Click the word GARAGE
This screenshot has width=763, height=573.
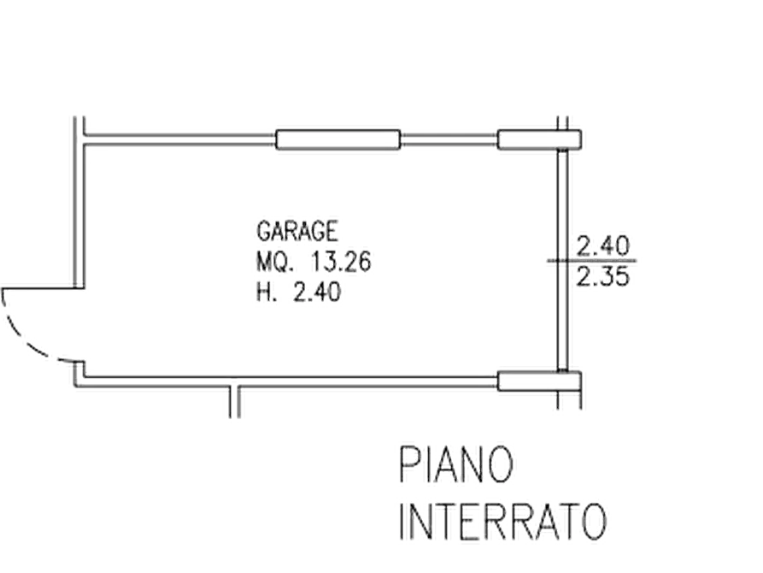(x=297, y=231)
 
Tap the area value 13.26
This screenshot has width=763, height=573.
(x=341, y=263)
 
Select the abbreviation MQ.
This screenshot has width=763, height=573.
(x=275, y=263)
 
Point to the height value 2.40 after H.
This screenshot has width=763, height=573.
(x=317, y=292)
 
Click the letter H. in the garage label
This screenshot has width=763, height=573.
(x=267, y=292)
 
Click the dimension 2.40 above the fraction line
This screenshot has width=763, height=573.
(x=603, y=246)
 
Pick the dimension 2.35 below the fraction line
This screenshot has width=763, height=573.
(x=603, y=277)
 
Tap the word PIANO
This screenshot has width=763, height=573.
(x=456, y=465)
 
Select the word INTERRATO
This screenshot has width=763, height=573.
(x=503, y=521)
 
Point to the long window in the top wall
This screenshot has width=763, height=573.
(x=338, y=139)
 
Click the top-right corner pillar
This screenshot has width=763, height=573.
(x=539, y=139)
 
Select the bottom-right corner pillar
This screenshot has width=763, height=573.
(x=539, y=381)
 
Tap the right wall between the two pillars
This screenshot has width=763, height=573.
(x=562, y=260)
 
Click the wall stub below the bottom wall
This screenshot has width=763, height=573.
(x=235, y=402)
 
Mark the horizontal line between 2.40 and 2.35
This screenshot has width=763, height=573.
(x=592, y=261)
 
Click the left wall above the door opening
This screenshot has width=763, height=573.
(x=79, y=202)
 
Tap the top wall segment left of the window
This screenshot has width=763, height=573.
(x=180, y=139)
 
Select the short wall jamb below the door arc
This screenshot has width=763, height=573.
(x=79, y=374)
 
